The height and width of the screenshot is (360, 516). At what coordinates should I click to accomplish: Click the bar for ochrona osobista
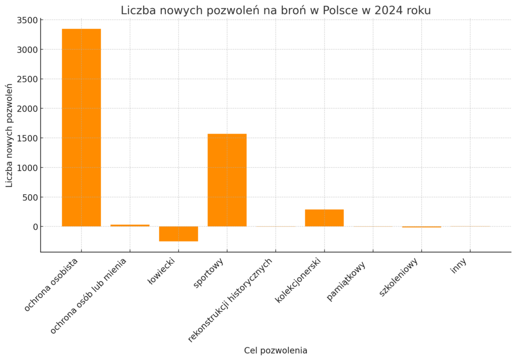81,128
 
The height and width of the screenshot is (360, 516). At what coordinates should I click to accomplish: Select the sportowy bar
227,180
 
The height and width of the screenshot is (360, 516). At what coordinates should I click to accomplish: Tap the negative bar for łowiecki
178,234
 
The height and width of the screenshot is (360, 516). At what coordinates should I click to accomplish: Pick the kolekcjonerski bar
324,218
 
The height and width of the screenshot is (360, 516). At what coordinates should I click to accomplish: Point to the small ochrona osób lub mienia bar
130,225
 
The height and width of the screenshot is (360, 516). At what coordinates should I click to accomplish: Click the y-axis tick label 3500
27,21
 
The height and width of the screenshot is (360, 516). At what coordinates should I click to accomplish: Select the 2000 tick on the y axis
27,109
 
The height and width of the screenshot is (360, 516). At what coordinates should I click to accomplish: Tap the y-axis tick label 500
30,197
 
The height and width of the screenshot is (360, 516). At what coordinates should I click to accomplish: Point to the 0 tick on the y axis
36,227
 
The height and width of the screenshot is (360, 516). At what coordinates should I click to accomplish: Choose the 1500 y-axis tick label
27,138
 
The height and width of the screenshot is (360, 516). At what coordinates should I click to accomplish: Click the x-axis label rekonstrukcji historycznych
230,300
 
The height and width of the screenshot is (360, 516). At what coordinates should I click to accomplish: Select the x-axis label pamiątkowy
346,281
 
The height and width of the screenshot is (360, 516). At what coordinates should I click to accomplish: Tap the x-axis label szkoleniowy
399,277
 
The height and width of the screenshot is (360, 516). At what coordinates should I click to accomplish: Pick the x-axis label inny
459,266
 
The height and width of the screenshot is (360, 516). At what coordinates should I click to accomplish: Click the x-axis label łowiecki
161,271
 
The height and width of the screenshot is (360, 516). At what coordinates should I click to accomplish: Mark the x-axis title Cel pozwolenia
276,350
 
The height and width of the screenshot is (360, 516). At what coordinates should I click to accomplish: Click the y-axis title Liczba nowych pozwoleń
9,136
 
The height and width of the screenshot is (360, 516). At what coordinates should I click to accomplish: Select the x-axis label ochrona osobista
51,285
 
